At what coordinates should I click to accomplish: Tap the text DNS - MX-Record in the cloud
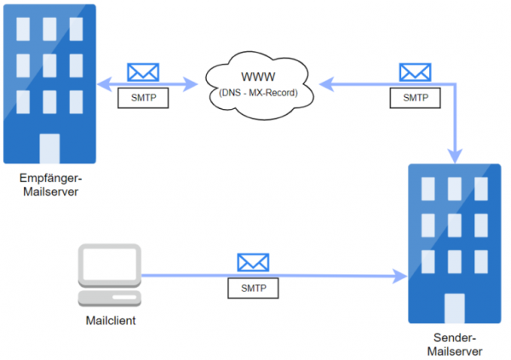point(255,91)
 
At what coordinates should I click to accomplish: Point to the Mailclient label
point(111,321)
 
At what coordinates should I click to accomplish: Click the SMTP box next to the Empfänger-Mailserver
point(142,97)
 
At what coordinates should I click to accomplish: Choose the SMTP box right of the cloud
point(415,97)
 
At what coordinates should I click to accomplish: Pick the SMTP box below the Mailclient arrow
point(253,288)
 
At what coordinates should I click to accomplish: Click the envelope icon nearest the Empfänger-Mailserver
point(141,72)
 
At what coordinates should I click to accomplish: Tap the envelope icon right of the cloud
point(415,72)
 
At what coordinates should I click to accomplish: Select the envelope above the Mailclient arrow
point(252,262)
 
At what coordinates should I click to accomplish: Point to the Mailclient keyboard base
point(108,299)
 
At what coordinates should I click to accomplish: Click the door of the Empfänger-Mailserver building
point(49,148)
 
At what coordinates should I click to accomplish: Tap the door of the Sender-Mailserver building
point(454,308)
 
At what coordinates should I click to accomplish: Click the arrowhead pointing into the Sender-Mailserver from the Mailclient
point(401,276)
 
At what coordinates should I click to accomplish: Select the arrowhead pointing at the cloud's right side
point(323,83)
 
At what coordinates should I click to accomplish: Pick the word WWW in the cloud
point(255,77)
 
